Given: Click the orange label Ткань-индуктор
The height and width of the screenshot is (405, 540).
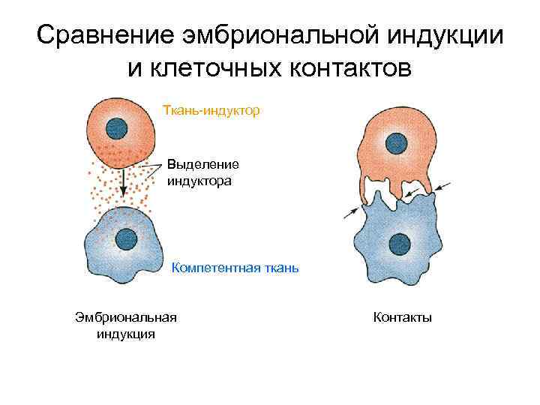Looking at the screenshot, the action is [x=211, y=111].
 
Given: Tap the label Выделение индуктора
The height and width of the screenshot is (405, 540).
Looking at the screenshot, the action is [x=203, y=172].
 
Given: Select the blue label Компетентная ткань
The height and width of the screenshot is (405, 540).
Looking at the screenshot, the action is [x=235, y=266].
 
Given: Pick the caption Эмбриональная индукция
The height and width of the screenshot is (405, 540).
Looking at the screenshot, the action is [x=126, y=325].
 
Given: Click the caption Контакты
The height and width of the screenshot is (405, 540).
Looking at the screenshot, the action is [x=402, y=317].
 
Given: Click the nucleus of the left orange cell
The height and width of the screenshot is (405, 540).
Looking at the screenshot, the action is [x=117, y=127].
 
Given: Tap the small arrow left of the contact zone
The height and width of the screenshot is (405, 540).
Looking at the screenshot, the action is [x=351, y=212].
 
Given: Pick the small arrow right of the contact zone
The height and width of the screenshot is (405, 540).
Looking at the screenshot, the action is [x=442, y=186].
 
